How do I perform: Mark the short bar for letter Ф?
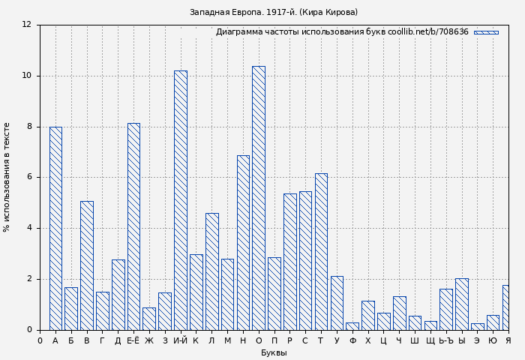352,326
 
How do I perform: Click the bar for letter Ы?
461,304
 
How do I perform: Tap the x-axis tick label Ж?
149,341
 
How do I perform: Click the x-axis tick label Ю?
493,341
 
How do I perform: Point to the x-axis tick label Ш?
415,341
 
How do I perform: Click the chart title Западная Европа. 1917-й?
274,13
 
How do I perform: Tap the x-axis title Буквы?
274,352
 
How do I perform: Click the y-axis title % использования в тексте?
7,177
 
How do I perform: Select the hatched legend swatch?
486,32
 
